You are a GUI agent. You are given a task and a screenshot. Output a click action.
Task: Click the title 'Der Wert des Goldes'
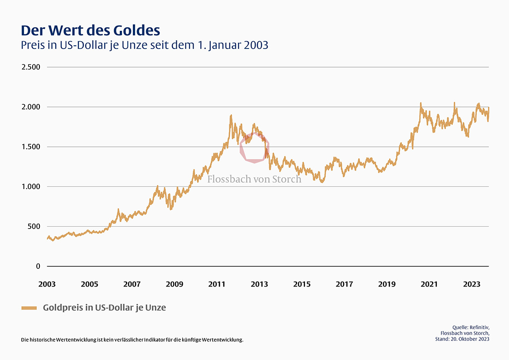coord(91,30)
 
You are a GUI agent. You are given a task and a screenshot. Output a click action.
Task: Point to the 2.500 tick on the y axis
coord(31,67)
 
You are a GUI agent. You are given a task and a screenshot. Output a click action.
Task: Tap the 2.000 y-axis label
coord(31,107)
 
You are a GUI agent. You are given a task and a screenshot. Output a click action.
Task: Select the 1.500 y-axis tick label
coord(31,147)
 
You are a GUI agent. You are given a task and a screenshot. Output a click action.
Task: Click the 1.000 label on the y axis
coord(31,187)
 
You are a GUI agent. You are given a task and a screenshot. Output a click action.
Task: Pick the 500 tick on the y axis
coord(34,226)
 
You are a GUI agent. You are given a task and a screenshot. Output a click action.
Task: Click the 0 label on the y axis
coord(38,266)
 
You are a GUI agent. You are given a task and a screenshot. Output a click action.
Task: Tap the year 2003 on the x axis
coord(47,284)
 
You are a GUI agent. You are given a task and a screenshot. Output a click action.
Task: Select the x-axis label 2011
coord(217,284)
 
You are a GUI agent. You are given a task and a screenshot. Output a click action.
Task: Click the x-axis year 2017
coord(344,284)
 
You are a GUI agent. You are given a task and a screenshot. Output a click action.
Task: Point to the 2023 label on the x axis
coord(471,284)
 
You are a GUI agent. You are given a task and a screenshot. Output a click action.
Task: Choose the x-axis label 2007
coord(132,284)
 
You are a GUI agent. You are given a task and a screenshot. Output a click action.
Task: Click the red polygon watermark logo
coord(254,148)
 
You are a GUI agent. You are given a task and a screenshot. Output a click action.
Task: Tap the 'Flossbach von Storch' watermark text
coord(254,179)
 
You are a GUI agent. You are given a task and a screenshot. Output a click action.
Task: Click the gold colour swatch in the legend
coord(29,308)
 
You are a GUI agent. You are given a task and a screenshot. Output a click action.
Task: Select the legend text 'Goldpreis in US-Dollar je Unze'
coord(104,307)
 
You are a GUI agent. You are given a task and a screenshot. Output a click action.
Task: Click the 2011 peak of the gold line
coord(231,116)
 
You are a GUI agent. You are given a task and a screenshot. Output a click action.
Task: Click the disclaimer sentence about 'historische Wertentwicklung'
coord(132,340)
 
